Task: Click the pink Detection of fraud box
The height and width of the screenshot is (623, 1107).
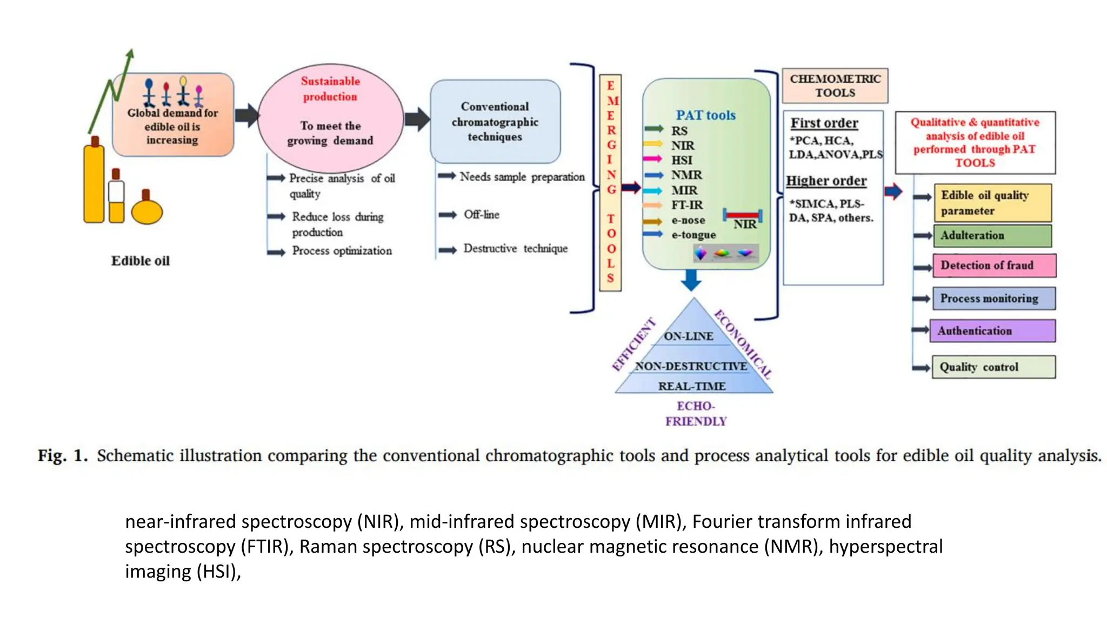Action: point(993,266)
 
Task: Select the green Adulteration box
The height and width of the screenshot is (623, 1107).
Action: point(992,236)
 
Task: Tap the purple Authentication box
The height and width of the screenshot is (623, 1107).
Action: point(992,330)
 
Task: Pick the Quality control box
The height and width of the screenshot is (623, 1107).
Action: point(993,367)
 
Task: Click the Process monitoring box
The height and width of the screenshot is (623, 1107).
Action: point(993,299)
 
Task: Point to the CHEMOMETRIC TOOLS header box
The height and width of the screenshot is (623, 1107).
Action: point(835,86)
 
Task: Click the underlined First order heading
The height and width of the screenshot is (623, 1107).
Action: point(824,123)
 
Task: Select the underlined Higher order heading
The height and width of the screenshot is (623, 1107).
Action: point(826,181)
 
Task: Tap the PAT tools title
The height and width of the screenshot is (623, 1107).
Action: point(705,115)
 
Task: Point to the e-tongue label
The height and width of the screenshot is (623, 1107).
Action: point(693,235)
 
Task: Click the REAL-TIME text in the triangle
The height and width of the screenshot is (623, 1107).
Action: point(691,386)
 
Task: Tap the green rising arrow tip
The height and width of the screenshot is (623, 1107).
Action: point(130,53)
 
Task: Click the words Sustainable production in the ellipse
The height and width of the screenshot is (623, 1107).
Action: point(330,89)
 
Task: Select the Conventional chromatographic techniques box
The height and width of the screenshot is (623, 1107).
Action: point(495,122)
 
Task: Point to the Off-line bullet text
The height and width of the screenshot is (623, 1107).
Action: point(481,215)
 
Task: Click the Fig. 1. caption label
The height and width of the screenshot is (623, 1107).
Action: point(62,455)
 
